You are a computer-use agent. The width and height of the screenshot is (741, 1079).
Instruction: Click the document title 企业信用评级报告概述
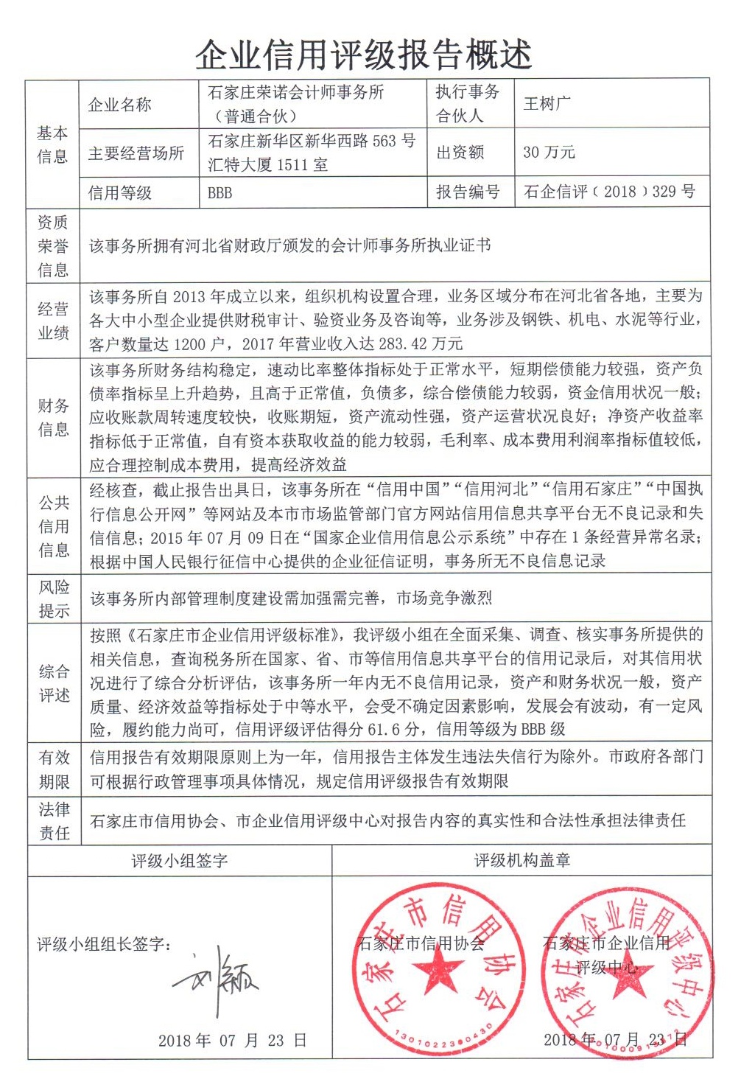[x=363, y=54]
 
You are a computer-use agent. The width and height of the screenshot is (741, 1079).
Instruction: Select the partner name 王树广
[x=547, y=104]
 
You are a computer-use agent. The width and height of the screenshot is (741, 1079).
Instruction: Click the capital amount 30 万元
[x=549, y=153]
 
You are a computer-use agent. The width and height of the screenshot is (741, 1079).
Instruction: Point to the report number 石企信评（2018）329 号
[x=609, y=192]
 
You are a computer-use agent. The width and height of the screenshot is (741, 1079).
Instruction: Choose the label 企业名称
[x=119, y=105]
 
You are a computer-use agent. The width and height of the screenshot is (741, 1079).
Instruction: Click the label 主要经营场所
[x=136, y=153]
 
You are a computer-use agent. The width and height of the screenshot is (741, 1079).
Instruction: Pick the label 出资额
[x=460, y=153]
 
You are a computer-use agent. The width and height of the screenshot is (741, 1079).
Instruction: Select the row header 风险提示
[x=54, y=598]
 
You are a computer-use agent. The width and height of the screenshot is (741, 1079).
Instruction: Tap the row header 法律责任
[x=54, y=821]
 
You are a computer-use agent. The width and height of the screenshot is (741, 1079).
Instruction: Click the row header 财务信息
[x=54, y=417]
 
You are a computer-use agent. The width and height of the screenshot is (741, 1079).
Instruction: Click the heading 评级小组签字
[x=180, y=860]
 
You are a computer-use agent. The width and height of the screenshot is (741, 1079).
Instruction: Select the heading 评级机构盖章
[x=522, y=860]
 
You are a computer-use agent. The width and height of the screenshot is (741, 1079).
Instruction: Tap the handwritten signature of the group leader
[x=217, y=979]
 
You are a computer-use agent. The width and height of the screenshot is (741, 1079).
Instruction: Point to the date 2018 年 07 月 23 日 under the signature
[x=232, y=1041]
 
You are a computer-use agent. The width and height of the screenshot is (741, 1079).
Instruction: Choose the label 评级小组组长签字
[x=104, y=944]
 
